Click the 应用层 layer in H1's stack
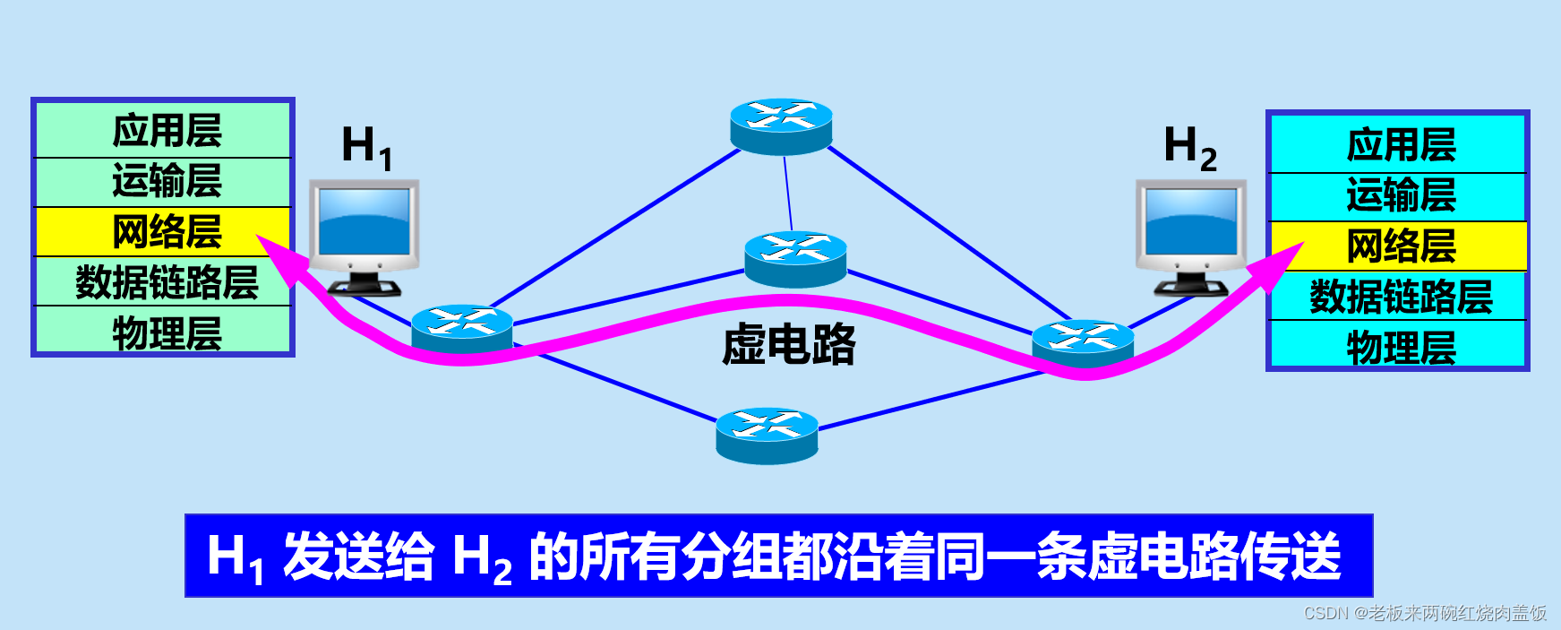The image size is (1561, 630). coord(166,131)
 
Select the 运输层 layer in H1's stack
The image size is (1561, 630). coord(166,182)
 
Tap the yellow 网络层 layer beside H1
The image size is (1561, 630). coord(166,232)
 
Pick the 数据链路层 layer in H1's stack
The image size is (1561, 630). coord(166,282)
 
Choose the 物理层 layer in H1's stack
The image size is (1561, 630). coord(166,332)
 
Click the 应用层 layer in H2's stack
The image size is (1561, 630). coord(1400,144)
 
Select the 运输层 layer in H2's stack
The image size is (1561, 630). coord(1400,195)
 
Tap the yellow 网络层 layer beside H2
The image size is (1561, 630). coord(1400,246)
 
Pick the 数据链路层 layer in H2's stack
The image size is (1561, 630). coord(1400,296)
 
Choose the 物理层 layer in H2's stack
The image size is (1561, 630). coord(1400,346)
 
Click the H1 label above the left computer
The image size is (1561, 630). coord(366,146)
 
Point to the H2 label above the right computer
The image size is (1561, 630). coord(1189,146)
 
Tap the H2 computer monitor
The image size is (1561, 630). coord(1191,224)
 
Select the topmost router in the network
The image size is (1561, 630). coord(781,125)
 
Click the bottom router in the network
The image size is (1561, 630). coord(767,436)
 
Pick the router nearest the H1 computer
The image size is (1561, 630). coord(462,330)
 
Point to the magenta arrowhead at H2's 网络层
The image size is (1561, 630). coord(1281,263)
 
